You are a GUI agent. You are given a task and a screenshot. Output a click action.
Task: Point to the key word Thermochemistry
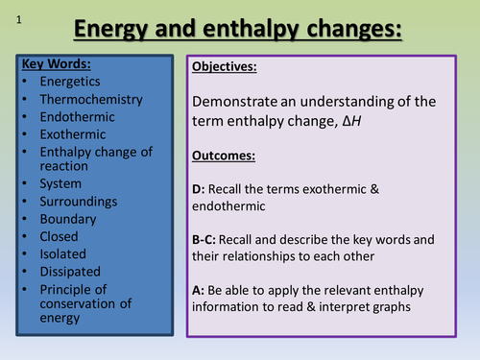pos(90,99)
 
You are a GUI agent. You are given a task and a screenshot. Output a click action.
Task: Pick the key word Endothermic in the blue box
pos(78,116)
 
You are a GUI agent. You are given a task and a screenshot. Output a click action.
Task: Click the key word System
pos(60,183)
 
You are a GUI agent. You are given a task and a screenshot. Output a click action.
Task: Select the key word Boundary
pos(68,218)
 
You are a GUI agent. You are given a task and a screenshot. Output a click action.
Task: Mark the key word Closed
pos(60,236)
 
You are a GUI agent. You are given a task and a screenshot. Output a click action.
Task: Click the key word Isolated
pos(63,253)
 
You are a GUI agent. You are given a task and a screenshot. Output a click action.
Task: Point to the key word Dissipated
pos(70,271)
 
